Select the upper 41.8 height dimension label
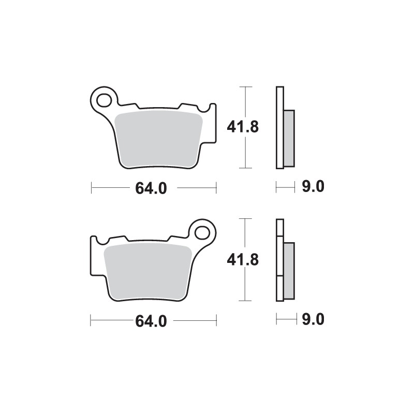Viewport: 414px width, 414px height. [x=243, y=127]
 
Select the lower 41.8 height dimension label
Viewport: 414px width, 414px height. [x=243, y=260]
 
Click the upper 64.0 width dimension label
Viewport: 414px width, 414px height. [x=151, y=188]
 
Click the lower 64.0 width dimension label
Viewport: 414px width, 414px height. [x=151, y=321]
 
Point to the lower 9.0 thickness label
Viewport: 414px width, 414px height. [x=313, y=320]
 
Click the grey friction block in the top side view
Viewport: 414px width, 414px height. [x=289, y=138]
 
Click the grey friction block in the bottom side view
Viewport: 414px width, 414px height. [x=289, y=271]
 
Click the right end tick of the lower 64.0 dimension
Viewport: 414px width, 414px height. [x=216, y=320]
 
